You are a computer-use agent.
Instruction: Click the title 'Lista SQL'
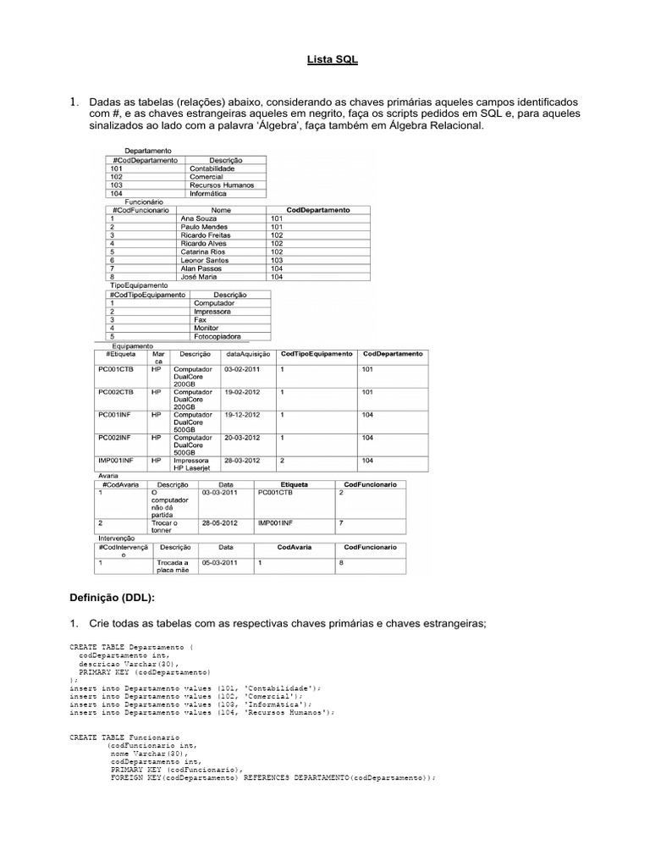(325, 60)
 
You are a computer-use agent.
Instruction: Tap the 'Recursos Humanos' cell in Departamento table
(222, 185)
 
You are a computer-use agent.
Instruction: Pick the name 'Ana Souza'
(199, 218)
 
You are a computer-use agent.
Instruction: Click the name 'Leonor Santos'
(205, 260)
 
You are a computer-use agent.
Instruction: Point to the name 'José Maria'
(199, 277)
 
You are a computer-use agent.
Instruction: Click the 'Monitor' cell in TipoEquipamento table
(208, 327)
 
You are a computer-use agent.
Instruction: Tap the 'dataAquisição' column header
(248, 353)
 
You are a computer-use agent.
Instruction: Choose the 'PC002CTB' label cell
(116, 392)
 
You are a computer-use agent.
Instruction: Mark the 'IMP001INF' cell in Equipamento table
(117, 461)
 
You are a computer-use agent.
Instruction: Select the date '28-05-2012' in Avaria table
(220, 523)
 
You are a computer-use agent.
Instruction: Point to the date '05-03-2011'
(220, 562)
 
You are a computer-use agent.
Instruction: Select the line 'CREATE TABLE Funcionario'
(112, 737)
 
